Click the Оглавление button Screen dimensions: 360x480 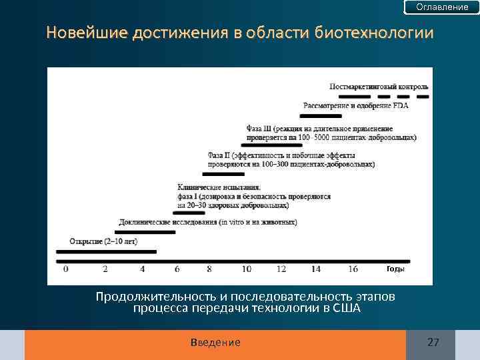point(442,7)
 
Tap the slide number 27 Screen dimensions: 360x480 point(433,342)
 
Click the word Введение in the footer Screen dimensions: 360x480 point(215,342)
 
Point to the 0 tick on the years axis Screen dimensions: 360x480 point(65,269)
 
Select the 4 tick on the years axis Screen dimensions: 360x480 point(142,269)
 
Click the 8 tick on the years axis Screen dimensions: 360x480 point(209,269)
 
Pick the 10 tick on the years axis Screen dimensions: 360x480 point(246,269)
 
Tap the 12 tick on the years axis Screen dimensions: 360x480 point(281,269)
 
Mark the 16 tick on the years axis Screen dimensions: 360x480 point(353,269)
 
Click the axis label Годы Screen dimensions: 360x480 point(395,269)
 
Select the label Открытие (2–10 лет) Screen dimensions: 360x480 point(103,241)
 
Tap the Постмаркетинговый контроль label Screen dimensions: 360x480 point(379,87)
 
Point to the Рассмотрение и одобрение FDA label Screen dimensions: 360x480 point(356,105)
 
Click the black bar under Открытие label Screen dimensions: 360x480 point(106,251)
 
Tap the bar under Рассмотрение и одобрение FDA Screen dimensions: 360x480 point(327,115)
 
